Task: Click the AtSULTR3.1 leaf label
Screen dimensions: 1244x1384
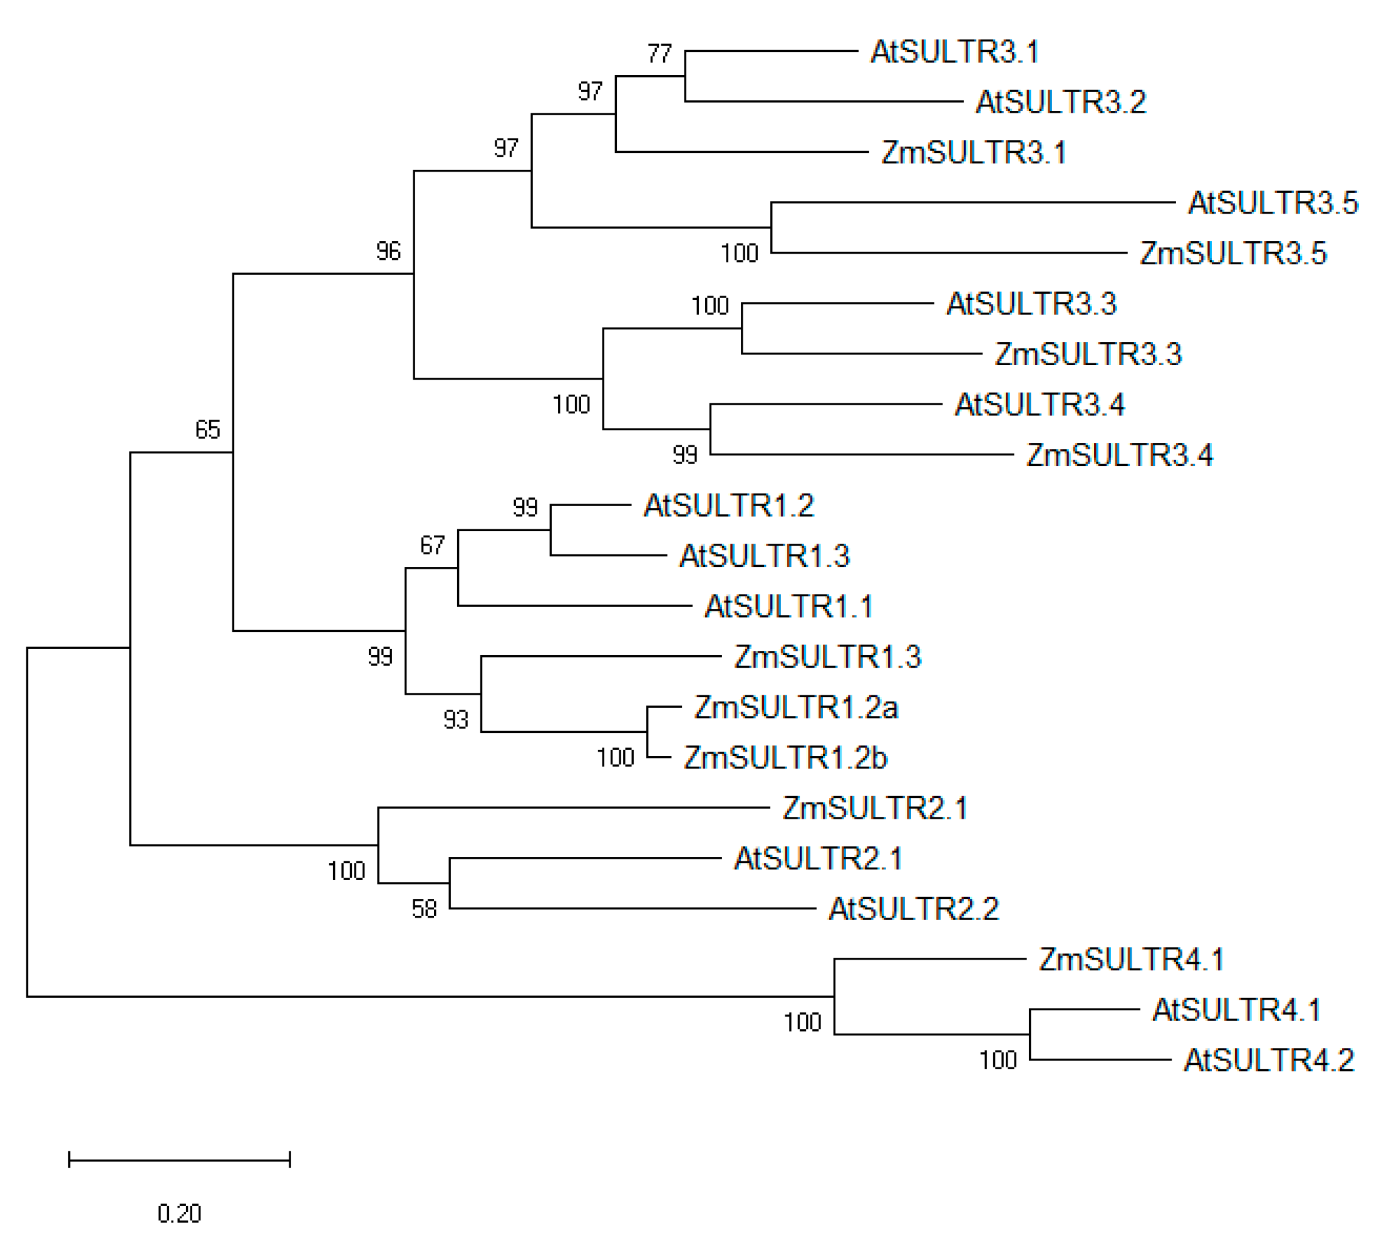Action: [954, 52]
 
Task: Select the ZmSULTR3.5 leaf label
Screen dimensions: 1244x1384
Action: [1233, 254]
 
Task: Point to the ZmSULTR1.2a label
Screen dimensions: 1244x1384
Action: [795, 707]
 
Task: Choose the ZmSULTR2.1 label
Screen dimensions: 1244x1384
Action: [875, 808]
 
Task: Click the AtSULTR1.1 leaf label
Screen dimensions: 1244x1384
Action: [788, 606]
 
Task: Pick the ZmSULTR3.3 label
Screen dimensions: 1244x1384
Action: [1088, 354]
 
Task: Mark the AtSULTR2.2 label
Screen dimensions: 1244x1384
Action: [914, 909]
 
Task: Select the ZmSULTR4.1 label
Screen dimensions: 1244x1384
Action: [1131, 960]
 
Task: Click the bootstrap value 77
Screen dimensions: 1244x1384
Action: [659, 53]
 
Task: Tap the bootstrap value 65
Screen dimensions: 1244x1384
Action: [208, 429]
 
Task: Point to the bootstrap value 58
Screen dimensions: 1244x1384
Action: [424, 909]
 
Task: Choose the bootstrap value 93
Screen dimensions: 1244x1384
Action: [456, 720]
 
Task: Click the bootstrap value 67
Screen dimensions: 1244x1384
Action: [432, 545]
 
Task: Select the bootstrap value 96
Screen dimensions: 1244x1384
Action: [388, 252]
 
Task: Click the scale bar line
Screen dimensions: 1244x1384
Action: [179, 1159]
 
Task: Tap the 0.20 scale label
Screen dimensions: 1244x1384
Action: [179, 1213]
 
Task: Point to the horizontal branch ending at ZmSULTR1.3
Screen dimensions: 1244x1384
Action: [601, 656]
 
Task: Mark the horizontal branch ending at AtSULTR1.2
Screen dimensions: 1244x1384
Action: [591, 505]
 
